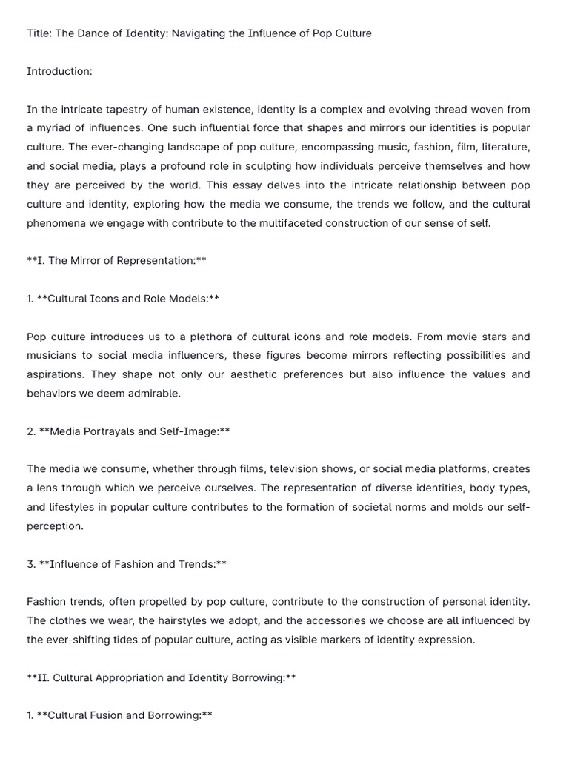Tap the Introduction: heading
point(59,71)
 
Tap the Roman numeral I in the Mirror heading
point(41,261)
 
